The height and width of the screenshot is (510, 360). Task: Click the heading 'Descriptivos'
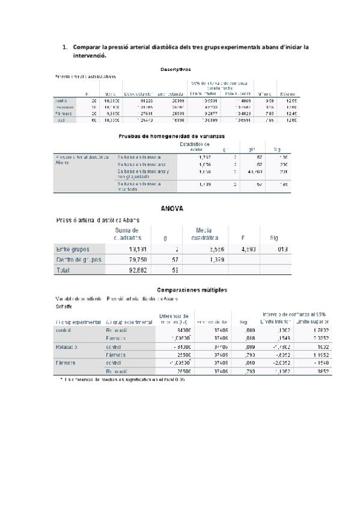pos(175,69)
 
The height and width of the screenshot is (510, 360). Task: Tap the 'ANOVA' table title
pos(172,208)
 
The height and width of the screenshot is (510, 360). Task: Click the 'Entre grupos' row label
pos(74,249)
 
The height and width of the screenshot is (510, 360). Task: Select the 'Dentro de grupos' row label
pos(78,260)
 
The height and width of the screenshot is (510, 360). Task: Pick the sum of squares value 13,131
pos(129,249)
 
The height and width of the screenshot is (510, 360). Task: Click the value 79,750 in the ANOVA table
pos(129,260)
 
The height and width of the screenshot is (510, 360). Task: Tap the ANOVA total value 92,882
pos(129,271)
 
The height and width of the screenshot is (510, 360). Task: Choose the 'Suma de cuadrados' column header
pos(127,233)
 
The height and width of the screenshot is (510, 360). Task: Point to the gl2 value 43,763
pos(255,172)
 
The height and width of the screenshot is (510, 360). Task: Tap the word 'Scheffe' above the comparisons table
pos(64,306)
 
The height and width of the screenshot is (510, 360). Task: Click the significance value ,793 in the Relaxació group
pos(244,355)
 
